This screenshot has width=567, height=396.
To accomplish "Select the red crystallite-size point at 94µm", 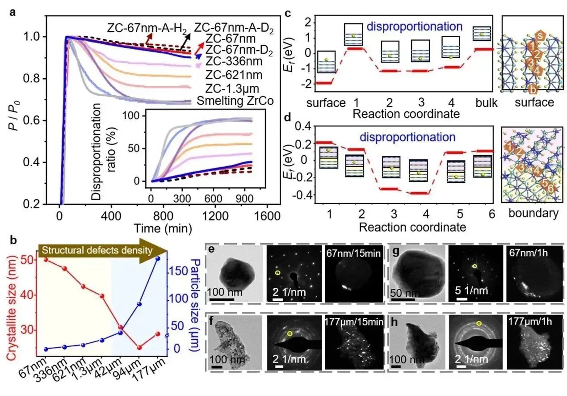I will click(x=139, y=347).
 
